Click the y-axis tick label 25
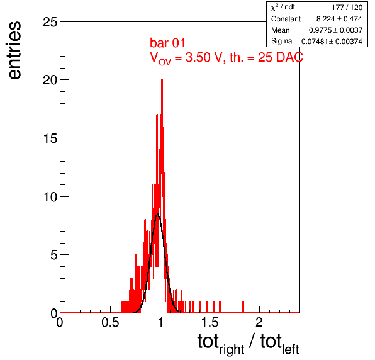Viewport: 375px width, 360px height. [50, 22]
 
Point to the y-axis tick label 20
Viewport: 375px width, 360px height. [50, 80]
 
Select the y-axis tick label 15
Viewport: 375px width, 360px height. [50, 138]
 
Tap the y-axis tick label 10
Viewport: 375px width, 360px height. [50, 197]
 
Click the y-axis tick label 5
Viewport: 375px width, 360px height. [54, 255]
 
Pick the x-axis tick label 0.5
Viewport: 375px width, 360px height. [110, 322]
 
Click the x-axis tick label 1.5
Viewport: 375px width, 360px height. [210, 322]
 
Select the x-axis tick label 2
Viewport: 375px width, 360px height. [259, 322]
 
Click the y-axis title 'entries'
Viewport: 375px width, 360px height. [15, 50]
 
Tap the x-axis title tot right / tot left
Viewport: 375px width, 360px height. [249, 344]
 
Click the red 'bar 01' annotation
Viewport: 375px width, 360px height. [167, 43]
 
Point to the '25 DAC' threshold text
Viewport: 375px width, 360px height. [280, 57]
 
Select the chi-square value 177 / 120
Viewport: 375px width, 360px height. [347, 8]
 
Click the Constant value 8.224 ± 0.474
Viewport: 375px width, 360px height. [339, 19]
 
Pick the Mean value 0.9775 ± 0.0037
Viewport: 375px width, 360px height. [336, 30]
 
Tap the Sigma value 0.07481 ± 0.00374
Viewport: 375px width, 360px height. [332, 42]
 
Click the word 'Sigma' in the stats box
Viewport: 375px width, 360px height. [281, 41]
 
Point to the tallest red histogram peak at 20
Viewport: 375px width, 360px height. [162, 80]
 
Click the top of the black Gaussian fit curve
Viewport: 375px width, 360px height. [157, 215]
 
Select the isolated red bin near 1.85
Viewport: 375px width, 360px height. [243, 307]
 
